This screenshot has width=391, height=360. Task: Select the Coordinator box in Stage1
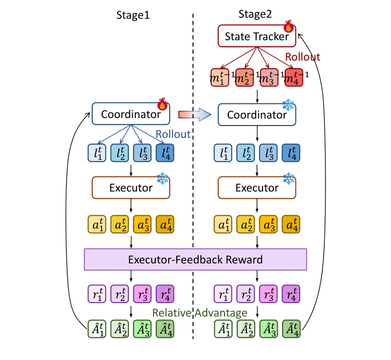pyautogui.click(x=131, y=114)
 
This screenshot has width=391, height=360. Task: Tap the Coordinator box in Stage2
pyautogui.click(x=257, y=115)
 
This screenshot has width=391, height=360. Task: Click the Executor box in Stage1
pyautogui.click(x=131, y=188)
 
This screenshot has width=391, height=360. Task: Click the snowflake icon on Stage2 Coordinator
pyautogui.click(x=289, y=104)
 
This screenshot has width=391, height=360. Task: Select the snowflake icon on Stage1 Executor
pyautogui.click(x=163, y=178)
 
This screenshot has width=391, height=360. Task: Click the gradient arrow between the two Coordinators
pyautogui.click(x=194, y=114)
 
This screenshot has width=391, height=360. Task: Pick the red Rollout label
pyautogui.click(x=302, y=57)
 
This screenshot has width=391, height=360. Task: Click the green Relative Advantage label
pyautogui.click(x=200, y=312)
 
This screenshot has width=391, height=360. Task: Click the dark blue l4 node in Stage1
pyautogui.click(x=165, y=153)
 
